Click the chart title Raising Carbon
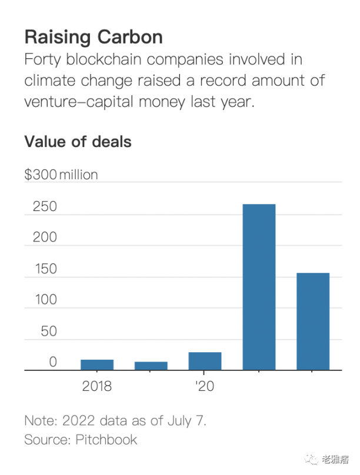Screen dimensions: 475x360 (93, 37)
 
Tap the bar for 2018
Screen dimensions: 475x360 (97, 364)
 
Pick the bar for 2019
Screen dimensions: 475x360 (151, 366)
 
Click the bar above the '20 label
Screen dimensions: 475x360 (205, 361)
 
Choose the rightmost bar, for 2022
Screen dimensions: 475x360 (313, 322)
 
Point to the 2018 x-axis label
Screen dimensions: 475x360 (97, 387)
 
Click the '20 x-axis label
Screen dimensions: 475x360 (204, 387)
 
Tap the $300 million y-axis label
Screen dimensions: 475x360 (61, 175)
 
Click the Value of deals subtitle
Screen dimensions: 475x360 (78, 142)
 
